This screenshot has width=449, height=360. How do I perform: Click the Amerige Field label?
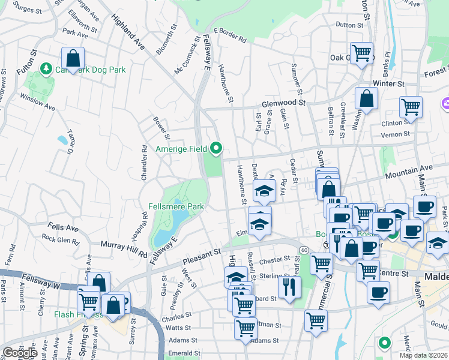[181, 149]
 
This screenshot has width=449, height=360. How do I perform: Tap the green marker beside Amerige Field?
[217, 148]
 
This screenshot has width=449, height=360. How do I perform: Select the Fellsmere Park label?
[176, 206]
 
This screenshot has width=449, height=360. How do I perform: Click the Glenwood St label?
[282, 103]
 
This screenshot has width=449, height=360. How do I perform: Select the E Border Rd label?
[230, 35]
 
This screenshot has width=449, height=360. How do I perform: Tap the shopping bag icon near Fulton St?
[73, 59]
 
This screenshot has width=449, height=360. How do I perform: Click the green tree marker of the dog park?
[46, 70]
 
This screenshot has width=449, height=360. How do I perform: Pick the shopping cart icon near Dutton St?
[362, 53]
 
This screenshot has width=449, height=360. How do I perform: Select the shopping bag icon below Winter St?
[366, 99]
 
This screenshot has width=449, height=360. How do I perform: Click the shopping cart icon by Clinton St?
[411, 107]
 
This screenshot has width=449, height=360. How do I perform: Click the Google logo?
[20, 353]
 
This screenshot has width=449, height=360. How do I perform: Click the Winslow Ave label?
[37, 98]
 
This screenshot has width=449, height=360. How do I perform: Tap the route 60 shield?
[304, 249]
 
